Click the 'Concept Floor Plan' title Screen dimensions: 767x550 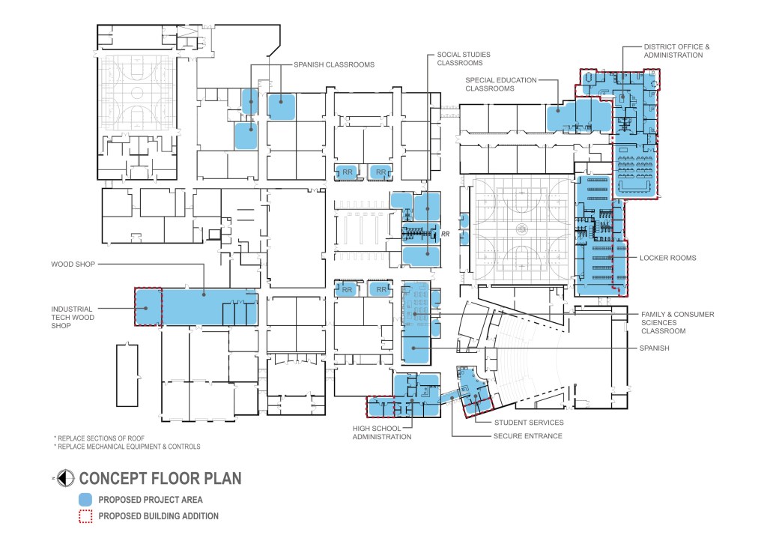tap(160, 478)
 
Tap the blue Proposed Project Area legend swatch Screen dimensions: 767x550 tap(85, 500)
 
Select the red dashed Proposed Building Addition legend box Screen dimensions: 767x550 tap(85, 516)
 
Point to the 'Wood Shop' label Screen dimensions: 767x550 tap(73, 265)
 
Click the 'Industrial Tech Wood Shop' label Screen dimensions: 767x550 tap(73, 317)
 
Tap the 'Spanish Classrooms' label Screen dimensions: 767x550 tap(334, 64)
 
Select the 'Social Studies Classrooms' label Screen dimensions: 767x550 tap(463, 58)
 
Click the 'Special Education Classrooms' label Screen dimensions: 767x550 tap(501, 84)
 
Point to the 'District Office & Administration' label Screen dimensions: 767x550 tap(676, 51)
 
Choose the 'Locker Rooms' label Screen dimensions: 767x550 tap(667, 258)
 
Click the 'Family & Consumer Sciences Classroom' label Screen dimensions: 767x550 tap(677, 322)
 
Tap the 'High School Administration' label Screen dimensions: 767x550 tap(382, 432)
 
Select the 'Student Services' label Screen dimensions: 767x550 tap(529, 423)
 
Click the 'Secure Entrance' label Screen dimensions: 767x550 tap(528, 436)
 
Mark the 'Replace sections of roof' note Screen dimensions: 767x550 tap(100, 438)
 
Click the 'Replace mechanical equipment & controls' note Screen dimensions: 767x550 tap(127, 447)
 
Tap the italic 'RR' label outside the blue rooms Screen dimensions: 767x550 tap(445, 234)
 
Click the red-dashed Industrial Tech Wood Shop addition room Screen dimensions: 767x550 tap(148, 307)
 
